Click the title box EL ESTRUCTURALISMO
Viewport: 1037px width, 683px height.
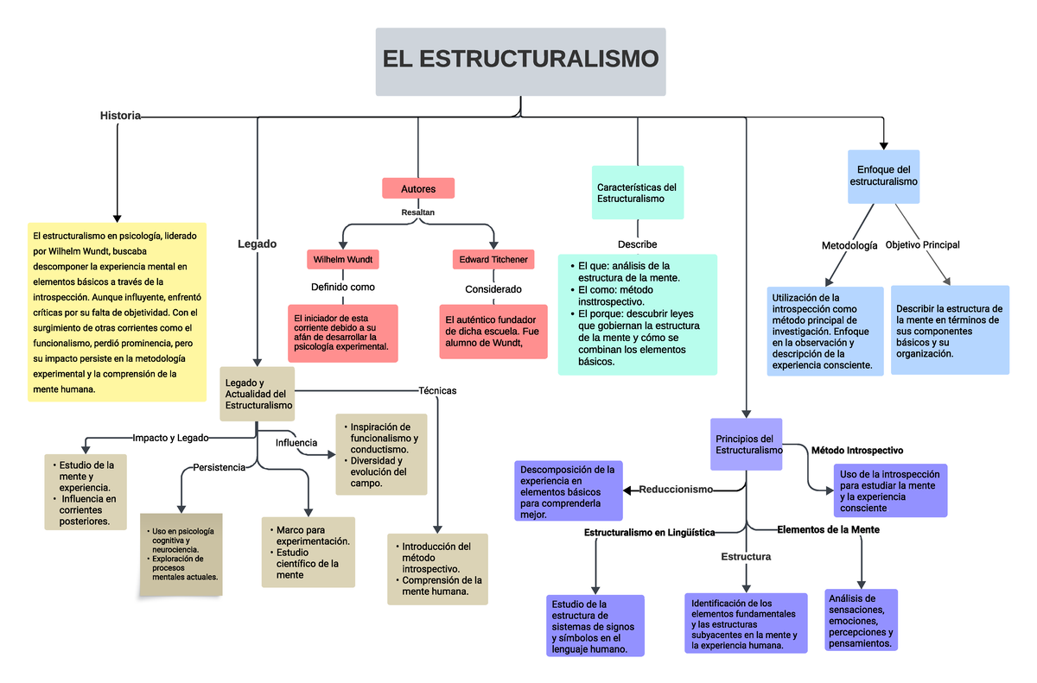[520, 61]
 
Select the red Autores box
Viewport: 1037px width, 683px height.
[418, 188]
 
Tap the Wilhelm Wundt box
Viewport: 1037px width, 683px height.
[343, 259]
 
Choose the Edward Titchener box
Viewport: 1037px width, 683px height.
[493, 259]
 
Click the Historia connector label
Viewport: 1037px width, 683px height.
[120, 116]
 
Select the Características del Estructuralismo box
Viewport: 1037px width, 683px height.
[638, 193]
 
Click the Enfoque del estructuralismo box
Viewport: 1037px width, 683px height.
[883, 177]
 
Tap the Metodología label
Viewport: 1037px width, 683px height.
[849, 246]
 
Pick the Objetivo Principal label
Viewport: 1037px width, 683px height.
[922, 245]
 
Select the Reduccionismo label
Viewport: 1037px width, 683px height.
[676, 490]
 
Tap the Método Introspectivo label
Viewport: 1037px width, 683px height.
[857, 451]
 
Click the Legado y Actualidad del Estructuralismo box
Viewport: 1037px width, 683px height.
[258, 394]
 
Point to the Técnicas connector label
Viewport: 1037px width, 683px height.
[436, 390]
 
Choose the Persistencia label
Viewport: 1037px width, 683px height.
[219, 467]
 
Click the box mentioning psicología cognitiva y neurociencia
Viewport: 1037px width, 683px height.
[181, 553]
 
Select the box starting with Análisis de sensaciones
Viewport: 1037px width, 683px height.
[861, 621]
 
